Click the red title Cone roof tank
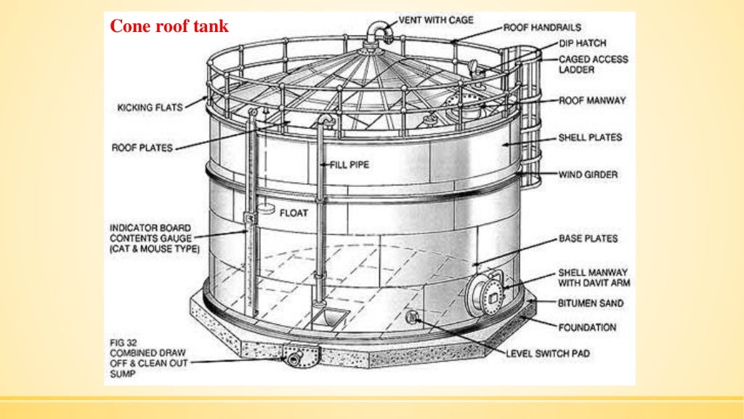(x=169, y=27)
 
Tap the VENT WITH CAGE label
(x=436, y=20)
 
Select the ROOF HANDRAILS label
(x=542, y=28)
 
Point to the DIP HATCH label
(x=581, y=44)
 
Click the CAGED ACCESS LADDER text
(x=593, y=64)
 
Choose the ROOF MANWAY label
(x=592, y=100)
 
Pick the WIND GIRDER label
(x=588, y=175)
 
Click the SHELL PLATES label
(x=589, y=137)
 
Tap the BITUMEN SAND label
(x=590, y=303)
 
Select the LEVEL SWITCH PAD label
(x=547, y=354)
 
